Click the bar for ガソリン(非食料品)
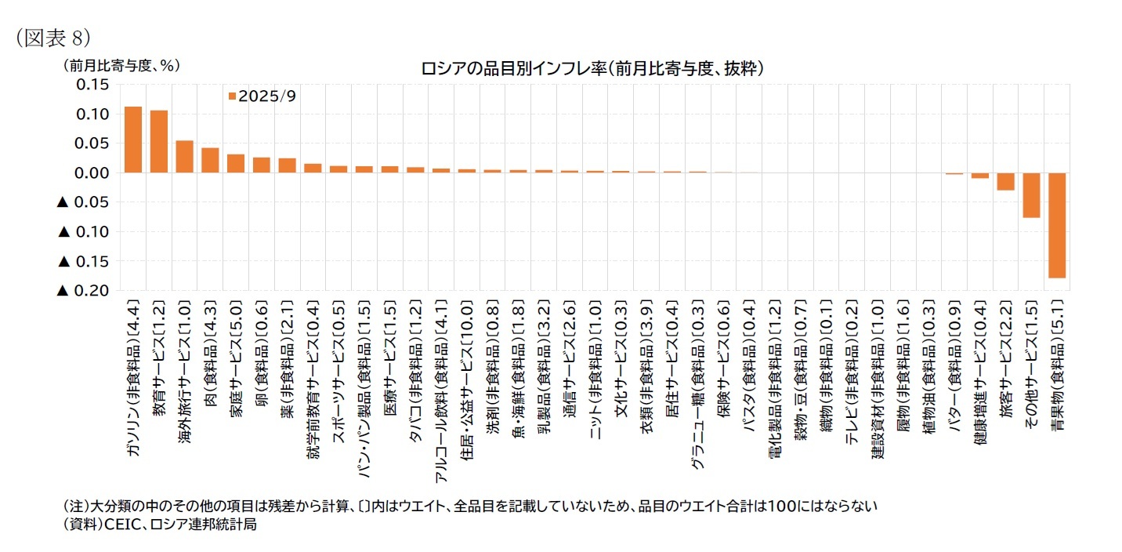[133, 140]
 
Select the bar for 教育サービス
[159, 142]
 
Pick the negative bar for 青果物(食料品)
[1056, 225]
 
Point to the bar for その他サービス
[1031, 195]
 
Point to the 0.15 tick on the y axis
[92, 85]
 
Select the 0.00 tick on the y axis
[92, 172]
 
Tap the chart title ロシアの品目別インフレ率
[592, 69]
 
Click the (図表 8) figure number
[53, 37]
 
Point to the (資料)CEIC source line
[160, 525]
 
